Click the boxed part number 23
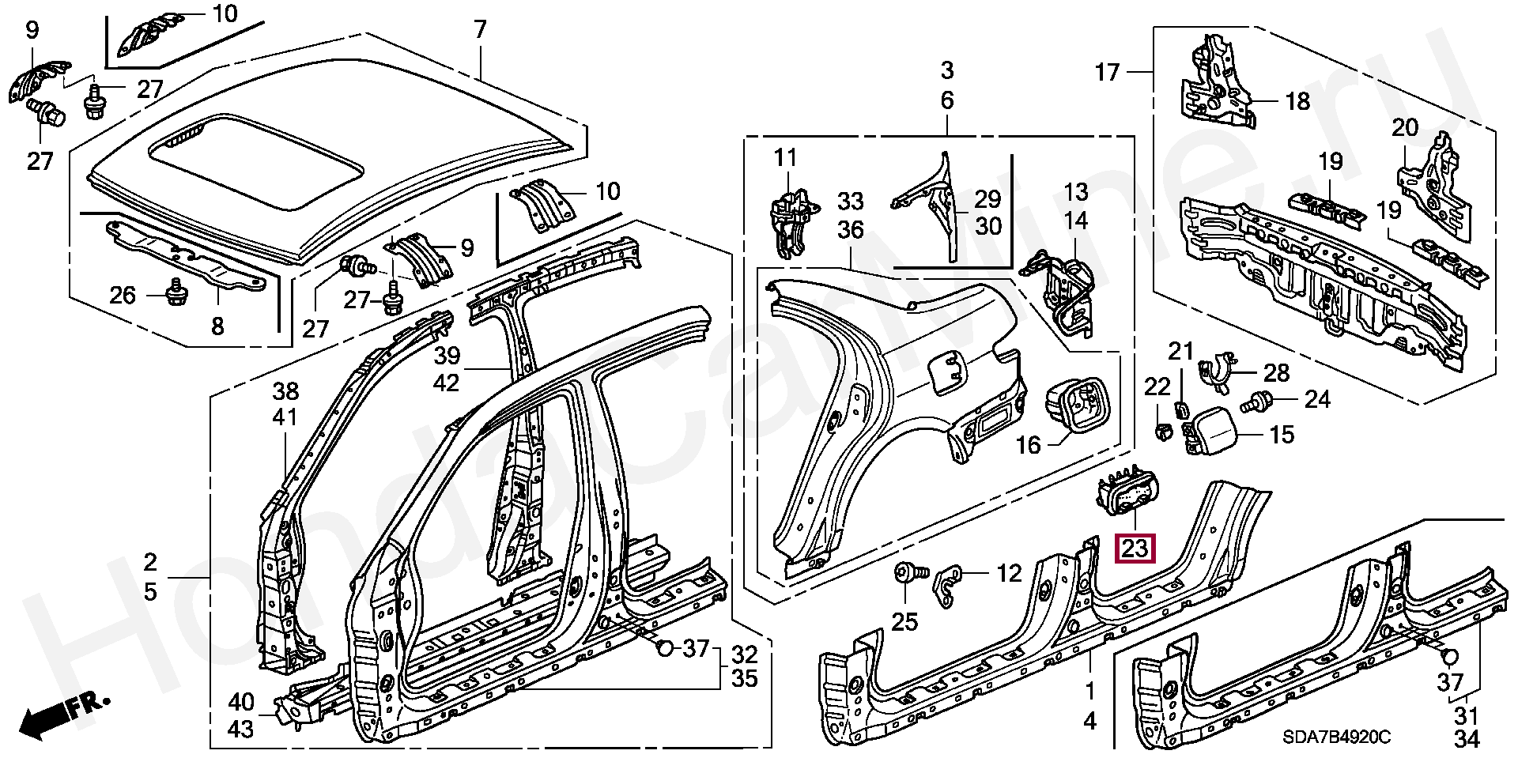pos(1134,548)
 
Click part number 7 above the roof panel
pos(481,30)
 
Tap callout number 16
pos(1028,445)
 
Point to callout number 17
pos(1108,73)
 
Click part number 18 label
pos(1297,101)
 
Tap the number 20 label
pos(1405,127)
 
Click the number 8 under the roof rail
pos(217,326)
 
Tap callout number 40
pos(241,702)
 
